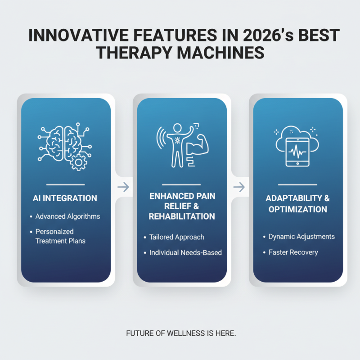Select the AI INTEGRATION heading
pyautogui.click(x=66, y=198)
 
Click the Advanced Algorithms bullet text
pyautogui.click(x=68, y=216)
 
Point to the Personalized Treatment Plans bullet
pyautogui.click(x=61, y=236)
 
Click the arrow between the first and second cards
pyautogui.click(x=124, y=187)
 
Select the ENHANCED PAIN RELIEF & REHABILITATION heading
pyautogui.click(x=182, y=206)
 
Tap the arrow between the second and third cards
pyautogui.click(x=240, y=187)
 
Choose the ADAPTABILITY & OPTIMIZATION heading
pyautogui.click(x=297, y=204)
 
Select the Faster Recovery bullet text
pyautogui.click(x=293, y=252)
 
